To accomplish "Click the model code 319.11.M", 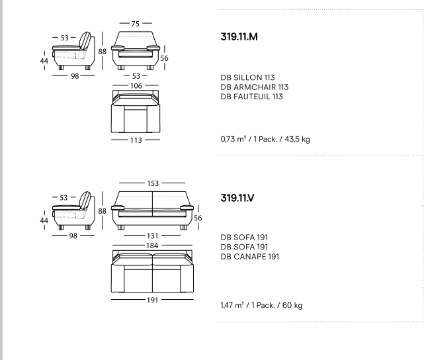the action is click(x=239, y=37).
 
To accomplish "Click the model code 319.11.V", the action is click(x=237, y=198).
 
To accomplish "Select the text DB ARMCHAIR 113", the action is click(x=255, y=87).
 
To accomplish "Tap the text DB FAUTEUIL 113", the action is click(x=252, y=97).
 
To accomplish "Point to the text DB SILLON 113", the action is click(x=247, y=77).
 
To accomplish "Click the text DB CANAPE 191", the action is click(x=250, y=256).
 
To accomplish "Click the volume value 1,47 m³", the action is click(x=232, y=305).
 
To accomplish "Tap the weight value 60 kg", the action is click(x=292, y=305).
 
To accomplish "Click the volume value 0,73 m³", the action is click(x=233, y=139).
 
